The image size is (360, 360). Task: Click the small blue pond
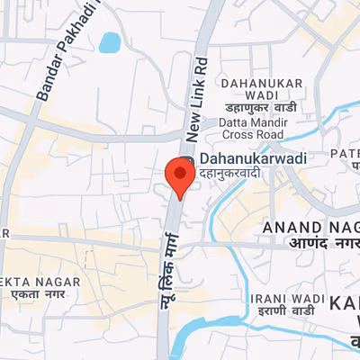(x=110, y=42)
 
